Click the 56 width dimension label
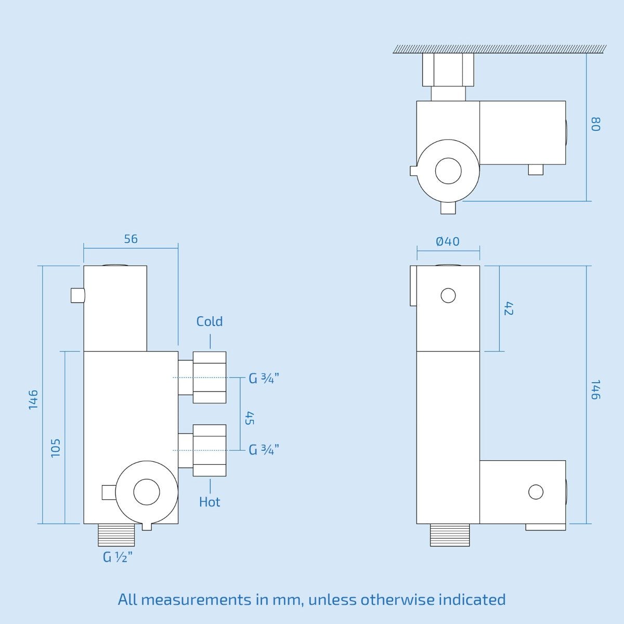click(x=131, y=239)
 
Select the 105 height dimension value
click(x=56, y=448)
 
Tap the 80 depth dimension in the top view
click(x=596, y=124)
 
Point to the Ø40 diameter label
click(x=448, y=241)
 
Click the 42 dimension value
click(x=509, y=308)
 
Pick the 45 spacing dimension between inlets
click(x=250, y=418)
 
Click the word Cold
click(x=210, y=321)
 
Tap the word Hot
click(x=210, y=502)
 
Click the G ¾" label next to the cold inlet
click(x=264, y=378)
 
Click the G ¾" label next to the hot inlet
click(x=264, y=449)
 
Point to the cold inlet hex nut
click(x=210, y=377)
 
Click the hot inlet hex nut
click(x=210, y=450)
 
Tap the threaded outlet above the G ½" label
click(x=116, y=535)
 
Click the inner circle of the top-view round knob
click(x=448, y=171)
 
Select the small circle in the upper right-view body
click(x=448, y=295)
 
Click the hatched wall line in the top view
click(x=500, y=49)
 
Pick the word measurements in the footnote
click(x=196, y=600)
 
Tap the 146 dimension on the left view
click(x=33, y=400)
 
